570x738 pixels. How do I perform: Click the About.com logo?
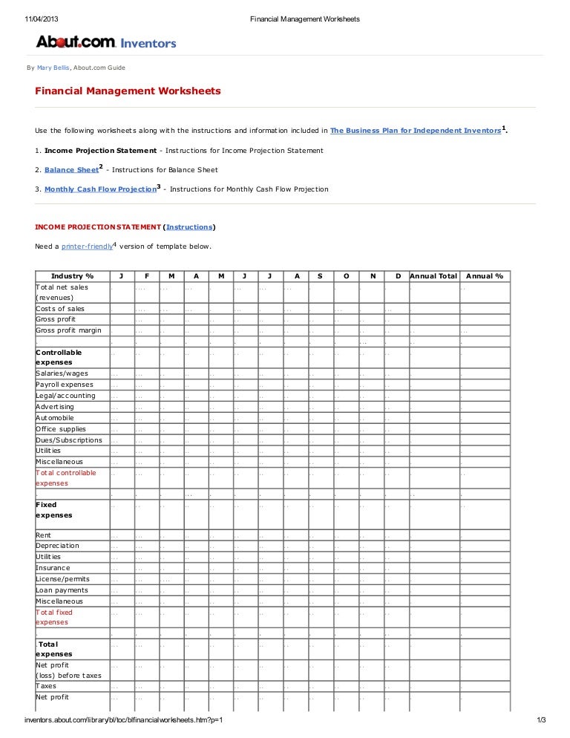[76, 42]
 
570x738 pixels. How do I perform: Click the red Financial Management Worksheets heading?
[128, 91]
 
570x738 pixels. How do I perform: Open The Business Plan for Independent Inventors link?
[415, 131]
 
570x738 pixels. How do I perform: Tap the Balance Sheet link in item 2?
[71, 170]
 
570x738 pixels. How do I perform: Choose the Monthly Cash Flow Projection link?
[99, 189]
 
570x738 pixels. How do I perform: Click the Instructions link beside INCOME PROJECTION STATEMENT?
[189, 226]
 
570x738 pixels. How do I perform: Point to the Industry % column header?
[72, 276]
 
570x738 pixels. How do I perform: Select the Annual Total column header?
[433, 276]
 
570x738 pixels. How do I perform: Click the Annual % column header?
[484, 276]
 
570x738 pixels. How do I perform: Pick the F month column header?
[146, 276]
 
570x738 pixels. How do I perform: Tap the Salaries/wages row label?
[62, 373]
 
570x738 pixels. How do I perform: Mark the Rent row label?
[44, 535]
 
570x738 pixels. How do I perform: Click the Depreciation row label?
[57, 546]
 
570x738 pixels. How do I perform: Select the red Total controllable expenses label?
[65, 478]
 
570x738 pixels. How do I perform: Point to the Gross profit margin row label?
[68, 330]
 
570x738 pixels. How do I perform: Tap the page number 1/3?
[540, 720]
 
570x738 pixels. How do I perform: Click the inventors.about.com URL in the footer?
[124, 720]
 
